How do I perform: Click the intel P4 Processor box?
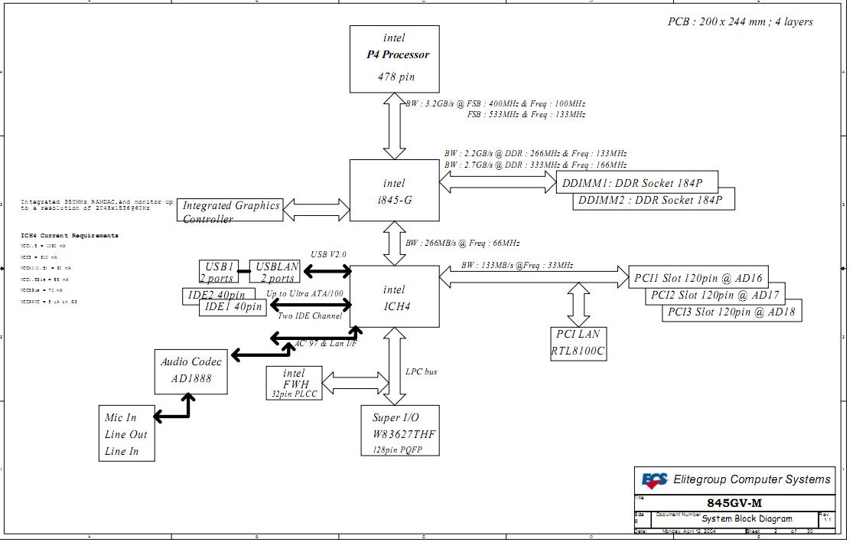(394, 58)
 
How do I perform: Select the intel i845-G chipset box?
(394, 191)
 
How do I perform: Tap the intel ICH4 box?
(394, 297)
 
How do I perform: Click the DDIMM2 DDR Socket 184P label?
(654, 201)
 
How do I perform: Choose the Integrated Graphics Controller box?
(230, 211)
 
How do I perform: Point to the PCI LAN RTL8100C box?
(578, 343)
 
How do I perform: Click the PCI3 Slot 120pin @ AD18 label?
(731, 312)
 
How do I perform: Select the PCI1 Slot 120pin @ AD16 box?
(698, 278)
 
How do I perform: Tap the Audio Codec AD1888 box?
(191, 371)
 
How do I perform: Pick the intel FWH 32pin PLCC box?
(293, 382)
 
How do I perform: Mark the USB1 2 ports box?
(218, 272)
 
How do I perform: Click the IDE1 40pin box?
(233, 306)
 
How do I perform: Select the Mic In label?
(121, 417)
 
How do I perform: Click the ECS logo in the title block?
(654, 481)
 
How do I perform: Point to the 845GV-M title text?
(734, 503)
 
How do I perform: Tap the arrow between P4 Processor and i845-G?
(395, 126)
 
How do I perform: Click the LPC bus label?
(422, 371)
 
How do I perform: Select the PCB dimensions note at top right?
(740, 21)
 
